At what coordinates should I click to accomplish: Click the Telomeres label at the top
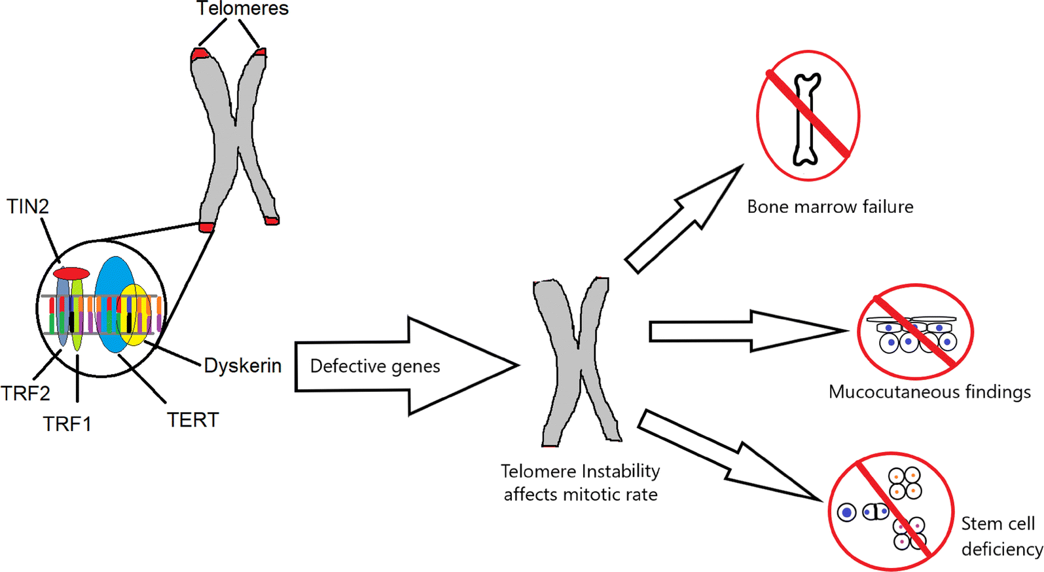[x=242, y=9]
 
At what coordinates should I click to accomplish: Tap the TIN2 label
[x=27, y=206]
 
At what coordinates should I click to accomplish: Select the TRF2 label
[x=26, y=393]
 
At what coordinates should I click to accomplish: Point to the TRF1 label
[x=67, y=424]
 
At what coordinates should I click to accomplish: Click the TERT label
[x=192, y=420]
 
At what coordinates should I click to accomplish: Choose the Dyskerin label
[x=243, y=366]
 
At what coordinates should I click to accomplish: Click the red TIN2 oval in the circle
[x=71, y=273]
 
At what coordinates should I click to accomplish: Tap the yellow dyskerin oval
[x=135, y=315]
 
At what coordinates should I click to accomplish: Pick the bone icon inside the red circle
[x=807, y=118]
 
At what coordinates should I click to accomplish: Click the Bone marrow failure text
[x=830, y=207]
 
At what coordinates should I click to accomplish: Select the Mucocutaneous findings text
[x=929, y=392]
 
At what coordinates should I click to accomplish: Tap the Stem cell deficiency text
[x=1000, y=536]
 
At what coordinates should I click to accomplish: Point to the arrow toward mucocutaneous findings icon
[x=746, y=331]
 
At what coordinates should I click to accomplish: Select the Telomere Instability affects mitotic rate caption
[x=581, y=482]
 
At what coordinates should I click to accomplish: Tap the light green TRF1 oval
[x=77, y=315]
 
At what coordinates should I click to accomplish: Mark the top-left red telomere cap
[x=200, y=54]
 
